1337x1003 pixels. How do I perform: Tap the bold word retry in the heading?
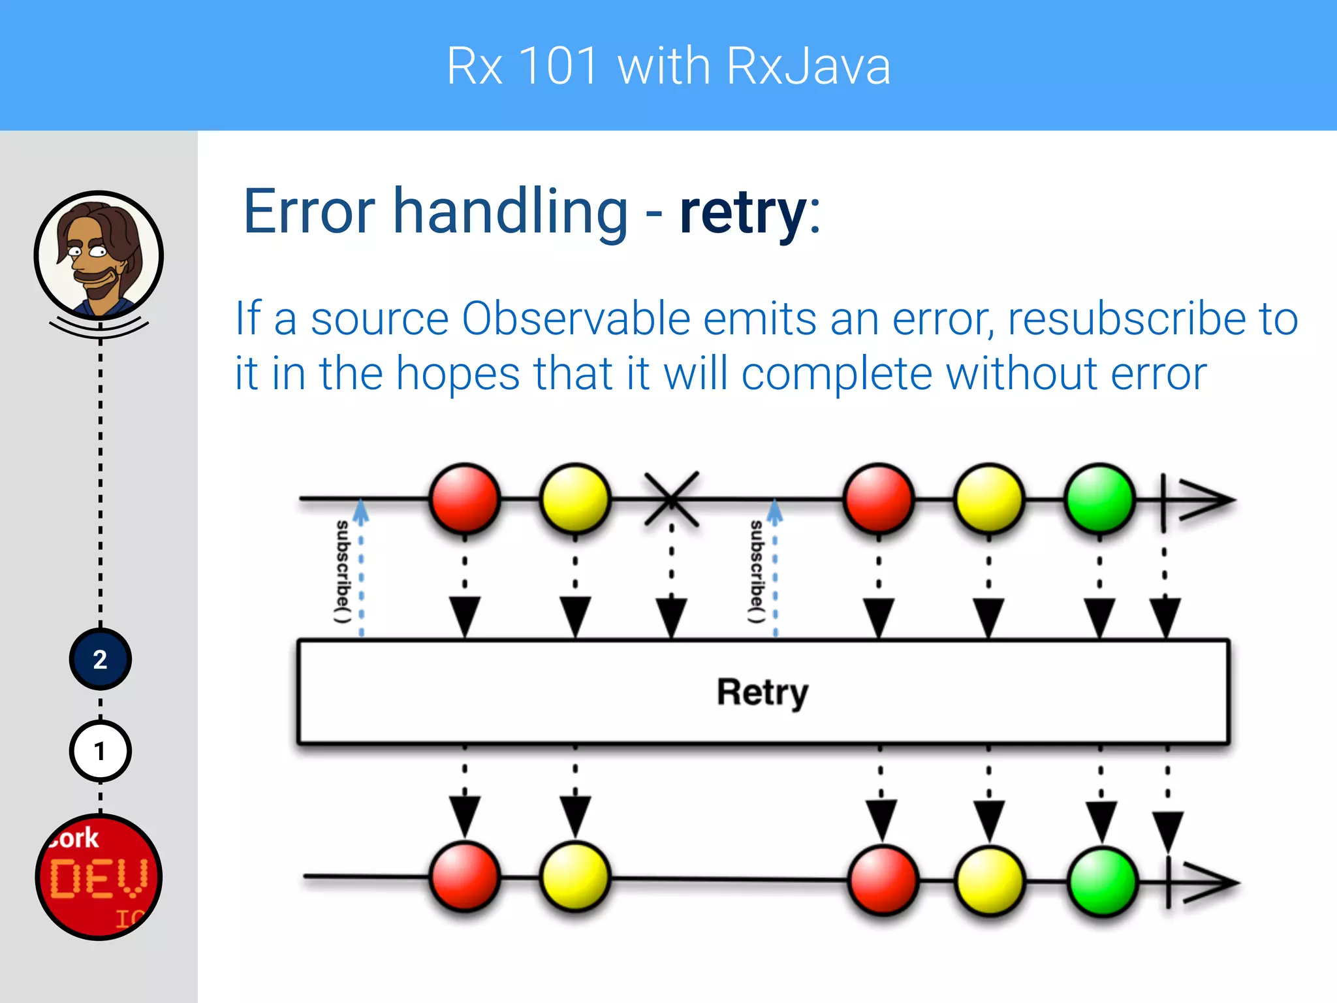[743, 212]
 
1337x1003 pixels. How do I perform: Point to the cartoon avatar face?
[99, 255]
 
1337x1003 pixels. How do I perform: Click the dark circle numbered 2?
[100, 660]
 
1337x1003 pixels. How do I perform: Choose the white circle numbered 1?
[100, 752]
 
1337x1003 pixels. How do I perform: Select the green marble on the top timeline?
[1099, 499]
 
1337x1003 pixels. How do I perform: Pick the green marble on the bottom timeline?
[1103, 882]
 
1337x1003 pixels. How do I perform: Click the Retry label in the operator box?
[763, 692]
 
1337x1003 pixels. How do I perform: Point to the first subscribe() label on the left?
[343, 571]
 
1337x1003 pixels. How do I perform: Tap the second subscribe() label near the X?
[757, 571]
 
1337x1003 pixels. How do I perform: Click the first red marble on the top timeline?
[465, 499]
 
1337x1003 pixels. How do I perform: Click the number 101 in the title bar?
[559, 66]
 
